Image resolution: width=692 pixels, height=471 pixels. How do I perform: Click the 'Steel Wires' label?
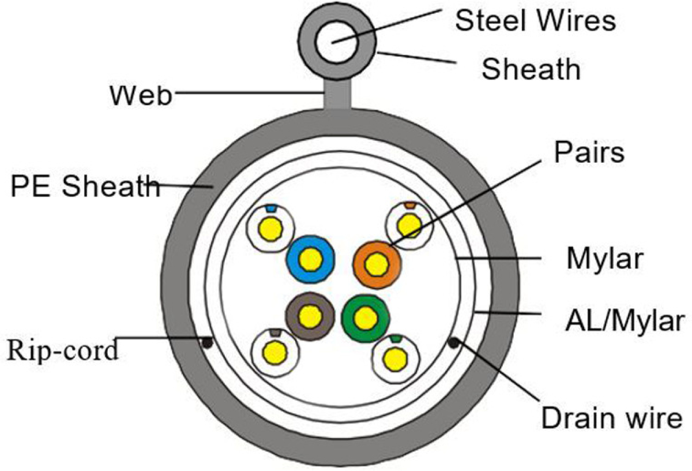(535, 21)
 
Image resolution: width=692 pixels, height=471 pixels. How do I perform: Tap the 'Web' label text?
(142, 96)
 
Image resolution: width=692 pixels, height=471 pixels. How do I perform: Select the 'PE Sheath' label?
(85, 186)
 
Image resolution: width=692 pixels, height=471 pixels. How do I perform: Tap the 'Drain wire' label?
(611, 417)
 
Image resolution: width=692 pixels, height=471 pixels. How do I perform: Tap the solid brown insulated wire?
(310, 316)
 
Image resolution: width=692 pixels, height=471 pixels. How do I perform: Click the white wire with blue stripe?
(270, 226)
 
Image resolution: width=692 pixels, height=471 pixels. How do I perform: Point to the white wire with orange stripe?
(409, 225)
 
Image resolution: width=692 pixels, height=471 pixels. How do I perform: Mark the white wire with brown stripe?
(276, 352)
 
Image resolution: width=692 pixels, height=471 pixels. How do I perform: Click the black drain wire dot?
(454, 343)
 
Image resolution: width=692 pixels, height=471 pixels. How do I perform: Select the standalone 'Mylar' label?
(604, 260)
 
